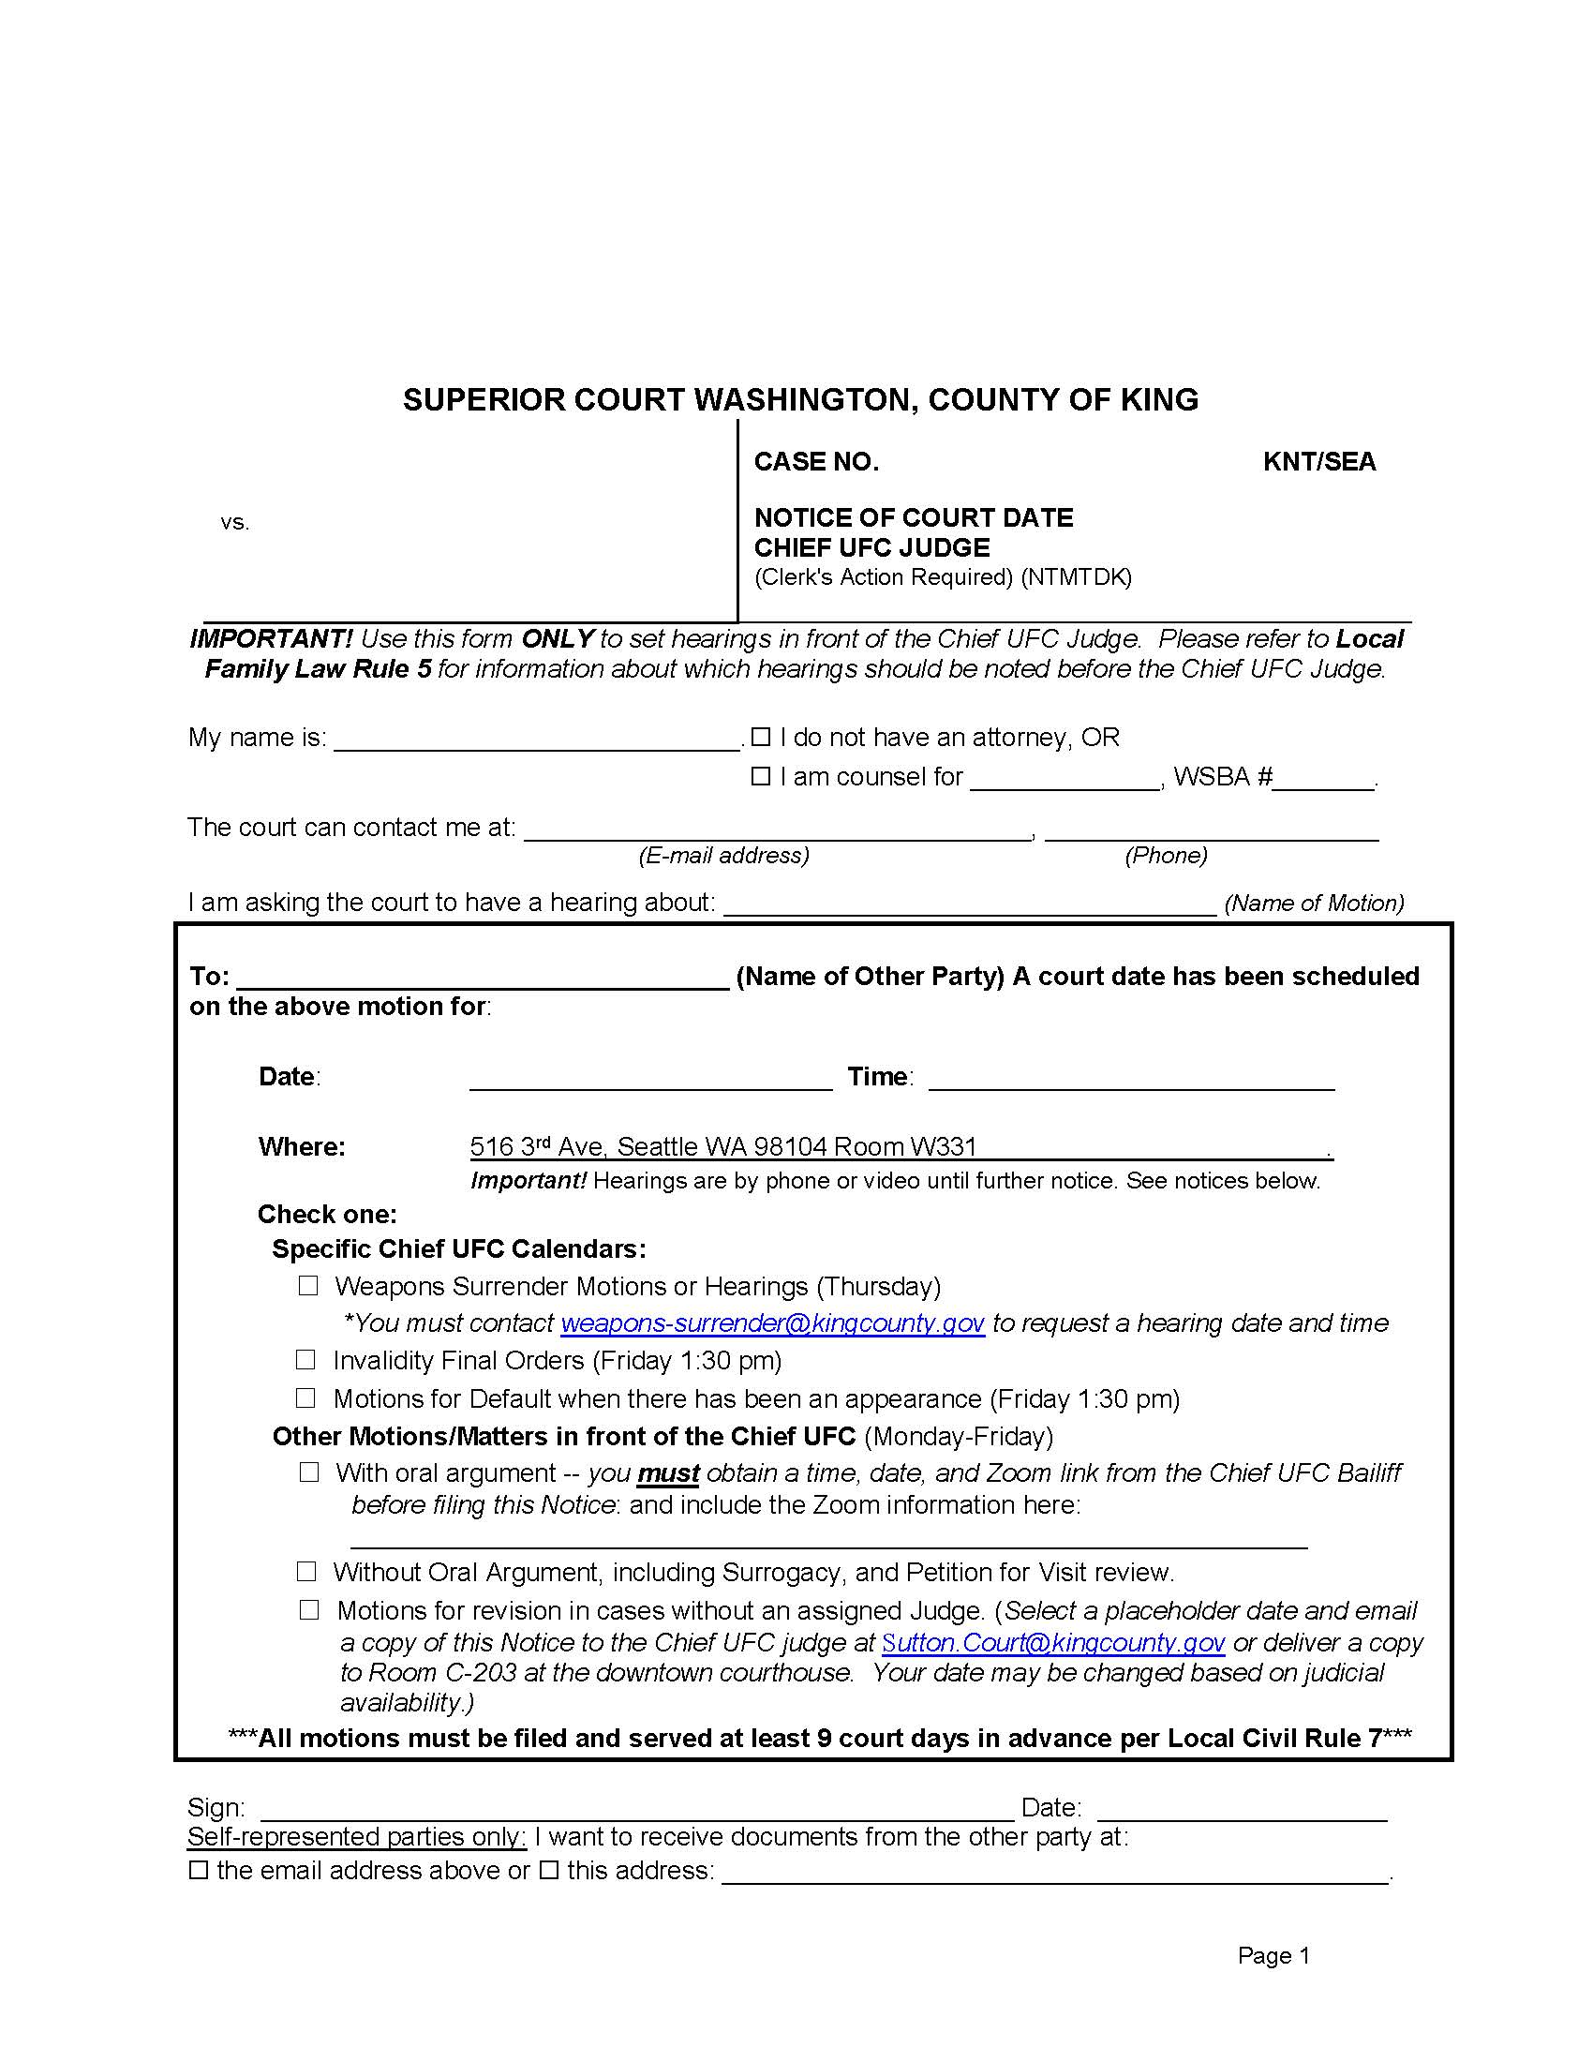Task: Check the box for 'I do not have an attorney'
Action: pyautogui.click(x=761, y=737)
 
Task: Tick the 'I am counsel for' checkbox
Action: pyautogui.click(x=761, y=776)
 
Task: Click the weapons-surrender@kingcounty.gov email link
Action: pyautogui.click(x=772, y=1323)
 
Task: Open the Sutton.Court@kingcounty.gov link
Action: pyautogui.click(x=1053, y=1643)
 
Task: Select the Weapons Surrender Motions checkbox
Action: pyautogui.click(x=307, y=1286)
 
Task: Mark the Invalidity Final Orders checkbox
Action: pyautogui.click(x=305, y=1361)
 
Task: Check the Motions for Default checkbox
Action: pyautogui.click(x=305, y=1398)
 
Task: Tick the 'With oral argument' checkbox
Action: pyautogui.click(x=308, y=1472)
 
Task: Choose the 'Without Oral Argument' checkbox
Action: pyautogui.click(x=305, y=1572)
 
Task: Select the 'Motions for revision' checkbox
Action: pyautogui.click(x=308, y=1609)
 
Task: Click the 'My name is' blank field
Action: pyautogui.click(x=538, y=739)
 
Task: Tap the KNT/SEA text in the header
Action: pyautogui.click(x=1319, y=462)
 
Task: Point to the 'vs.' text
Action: pyautogui.click(x=235, y=522)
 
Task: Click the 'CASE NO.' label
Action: pyautogui.click(x=816, y=462)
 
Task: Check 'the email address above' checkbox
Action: pyautogui.click(x=198, y=1871)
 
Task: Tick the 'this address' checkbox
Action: pyautogui.click(x=549, y=1871)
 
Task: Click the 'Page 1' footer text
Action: pyautogui.click(x=1273, y=1955)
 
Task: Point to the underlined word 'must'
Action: pyautogui.click(x=668, y=1473)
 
